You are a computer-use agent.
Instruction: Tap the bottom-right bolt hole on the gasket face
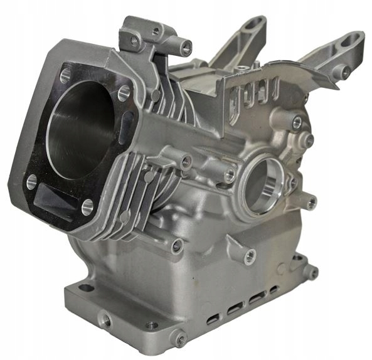click(87, 206)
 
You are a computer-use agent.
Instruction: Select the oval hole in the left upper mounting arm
click(255, 27)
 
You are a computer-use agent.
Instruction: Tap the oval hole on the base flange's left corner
click(85, 288)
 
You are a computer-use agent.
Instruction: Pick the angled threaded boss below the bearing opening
click(250, 256)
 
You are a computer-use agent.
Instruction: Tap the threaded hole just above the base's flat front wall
click(178, 246)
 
